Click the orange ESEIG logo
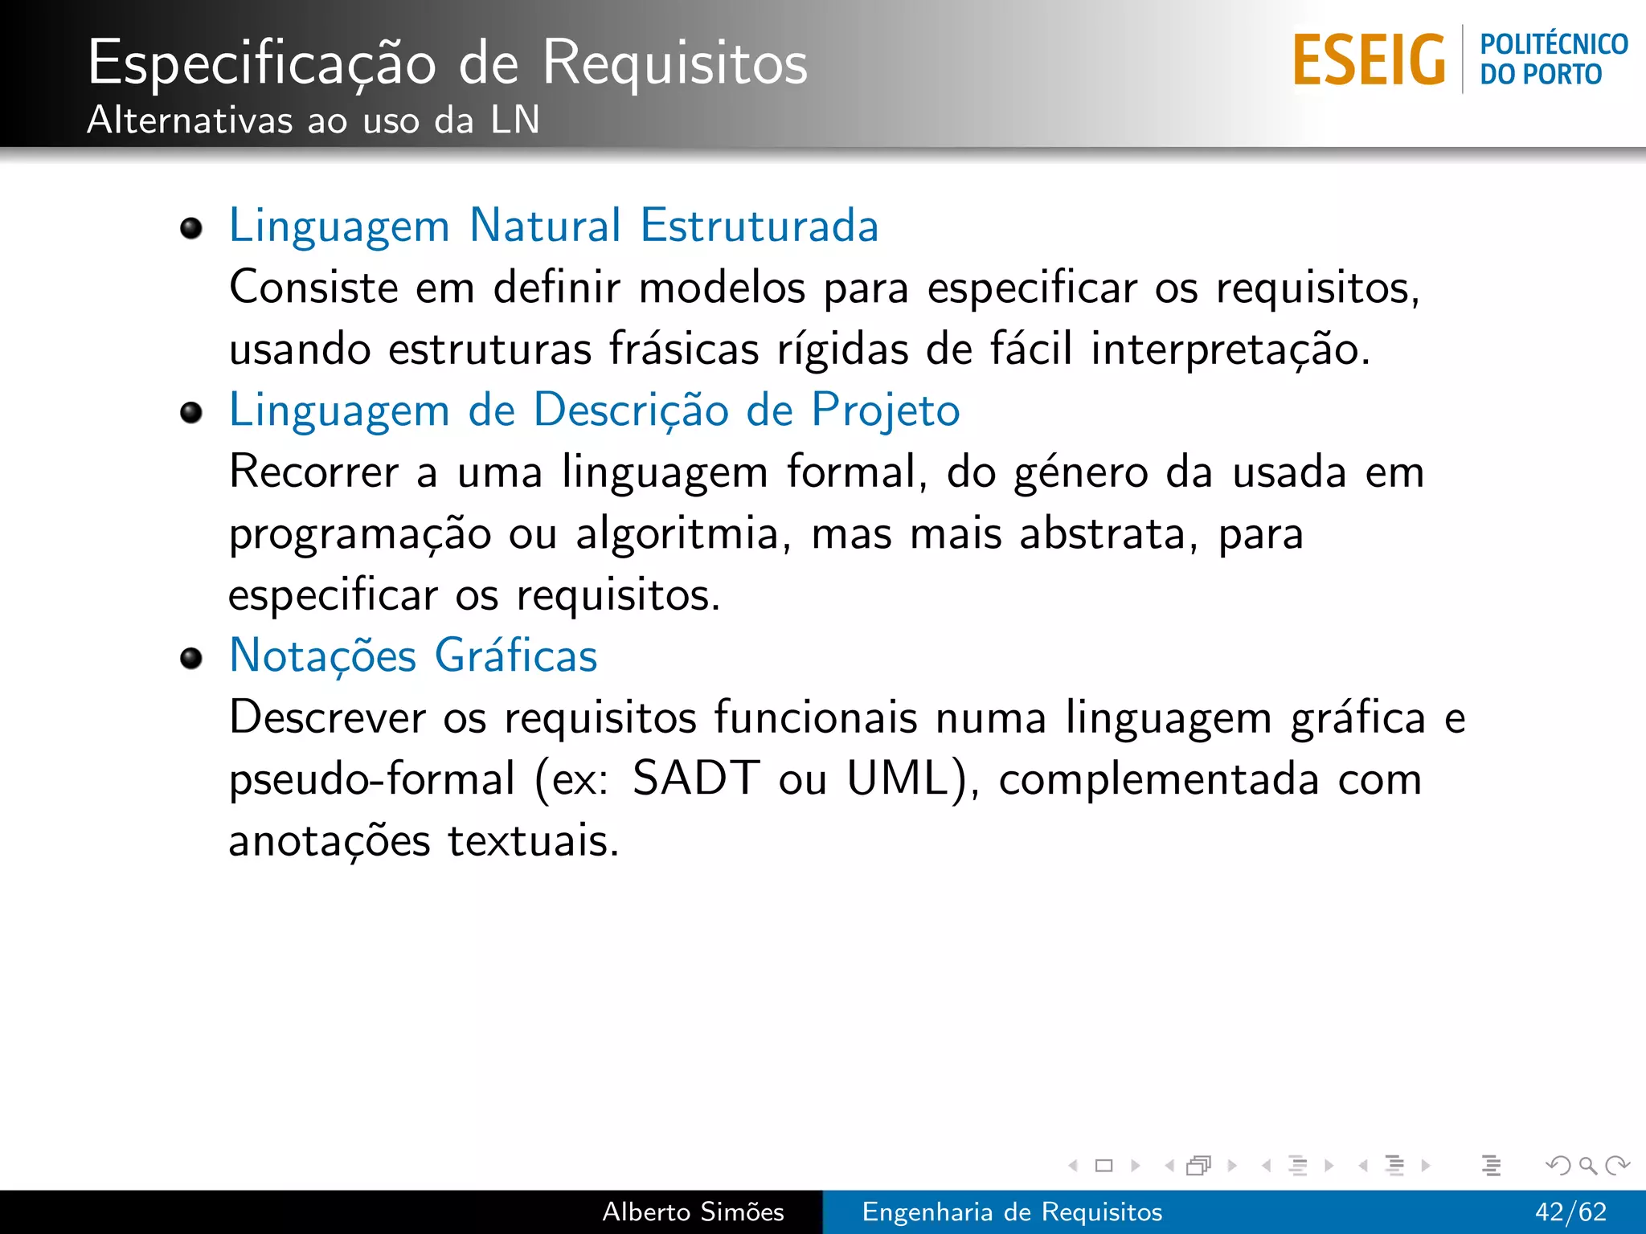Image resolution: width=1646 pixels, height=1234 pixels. (1369, 59)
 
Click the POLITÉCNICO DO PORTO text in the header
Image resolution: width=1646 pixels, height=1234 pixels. (1553, 59)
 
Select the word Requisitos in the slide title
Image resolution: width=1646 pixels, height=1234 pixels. (674, 63)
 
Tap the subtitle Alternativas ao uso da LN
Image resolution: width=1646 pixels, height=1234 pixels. (313, 121)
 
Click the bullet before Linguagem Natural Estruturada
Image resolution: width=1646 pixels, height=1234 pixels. (191, 229)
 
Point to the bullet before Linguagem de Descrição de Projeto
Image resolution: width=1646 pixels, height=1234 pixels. (191, 413)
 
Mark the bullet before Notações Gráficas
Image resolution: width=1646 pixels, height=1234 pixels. (191, 659)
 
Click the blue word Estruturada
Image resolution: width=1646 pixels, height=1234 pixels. (759, 225)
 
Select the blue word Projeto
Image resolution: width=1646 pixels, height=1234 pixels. (885, 411)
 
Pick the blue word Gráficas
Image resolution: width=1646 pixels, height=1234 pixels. (516, 656)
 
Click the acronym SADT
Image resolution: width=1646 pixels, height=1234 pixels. (695, 778)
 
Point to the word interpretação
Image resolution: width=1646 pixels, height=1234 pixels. (1230, 349)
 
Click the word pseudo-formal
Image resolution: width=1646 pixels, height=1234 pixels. (371, 779)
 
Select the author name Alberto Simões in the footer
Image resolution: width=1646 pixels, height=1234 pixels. (693, 1212)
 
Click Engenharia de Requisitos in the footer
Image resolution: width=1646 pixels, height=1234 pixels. (1012, 1212)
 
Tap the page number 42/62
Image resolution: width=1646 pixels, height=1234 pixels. (1570, 1212)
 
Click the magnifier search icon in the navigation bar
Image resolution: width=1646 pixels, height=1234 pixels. (1587, 1165)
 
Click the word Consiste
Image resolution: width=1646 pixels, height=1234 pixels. (313, 288)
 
